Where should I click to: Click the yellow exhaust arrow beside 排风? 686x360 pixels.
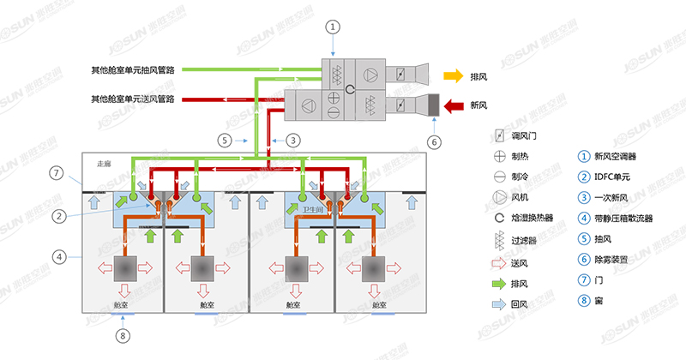[x=453, y=76]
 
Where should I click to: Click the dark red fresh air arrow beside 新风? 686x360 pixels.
[x=453, y=105]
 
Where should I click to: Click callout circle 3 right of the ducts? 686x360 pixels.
[x=293, y=139]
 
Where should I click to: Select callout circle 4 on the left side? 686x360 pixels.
[x=57, y=255]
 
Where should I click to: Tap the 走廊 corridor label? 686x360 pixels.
[x=105, y=163]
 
